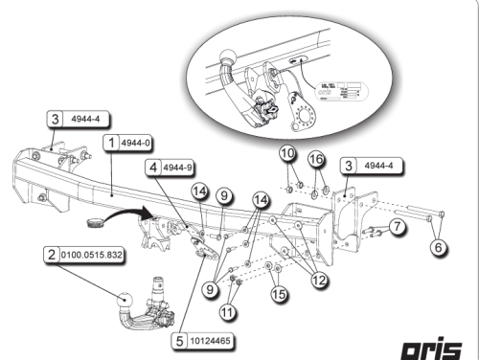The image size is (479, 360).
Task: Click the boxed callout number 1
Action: (x=113, y=144)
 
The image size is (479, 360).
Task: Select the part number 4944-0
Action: (x=138, y=144)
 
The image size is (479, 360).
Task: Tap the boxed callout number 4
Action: (x=152, y=167)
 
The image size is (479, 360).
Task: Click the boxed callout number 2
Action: (x=50, y=256)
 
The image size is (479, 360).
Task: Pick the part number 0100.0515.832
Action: (x=92, y=256)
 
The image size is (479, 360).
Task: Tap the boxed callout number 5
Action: (x=180, y=339)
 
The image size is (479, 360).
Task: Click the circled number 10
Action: (x=288, y=155)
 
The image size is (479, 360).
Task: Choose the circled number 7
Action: (x=397, y=226)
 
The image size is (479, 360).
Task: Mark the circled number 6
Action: (x=437, y=247)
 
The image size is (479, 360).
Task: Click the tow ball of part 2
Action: (x=127, y=302)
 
